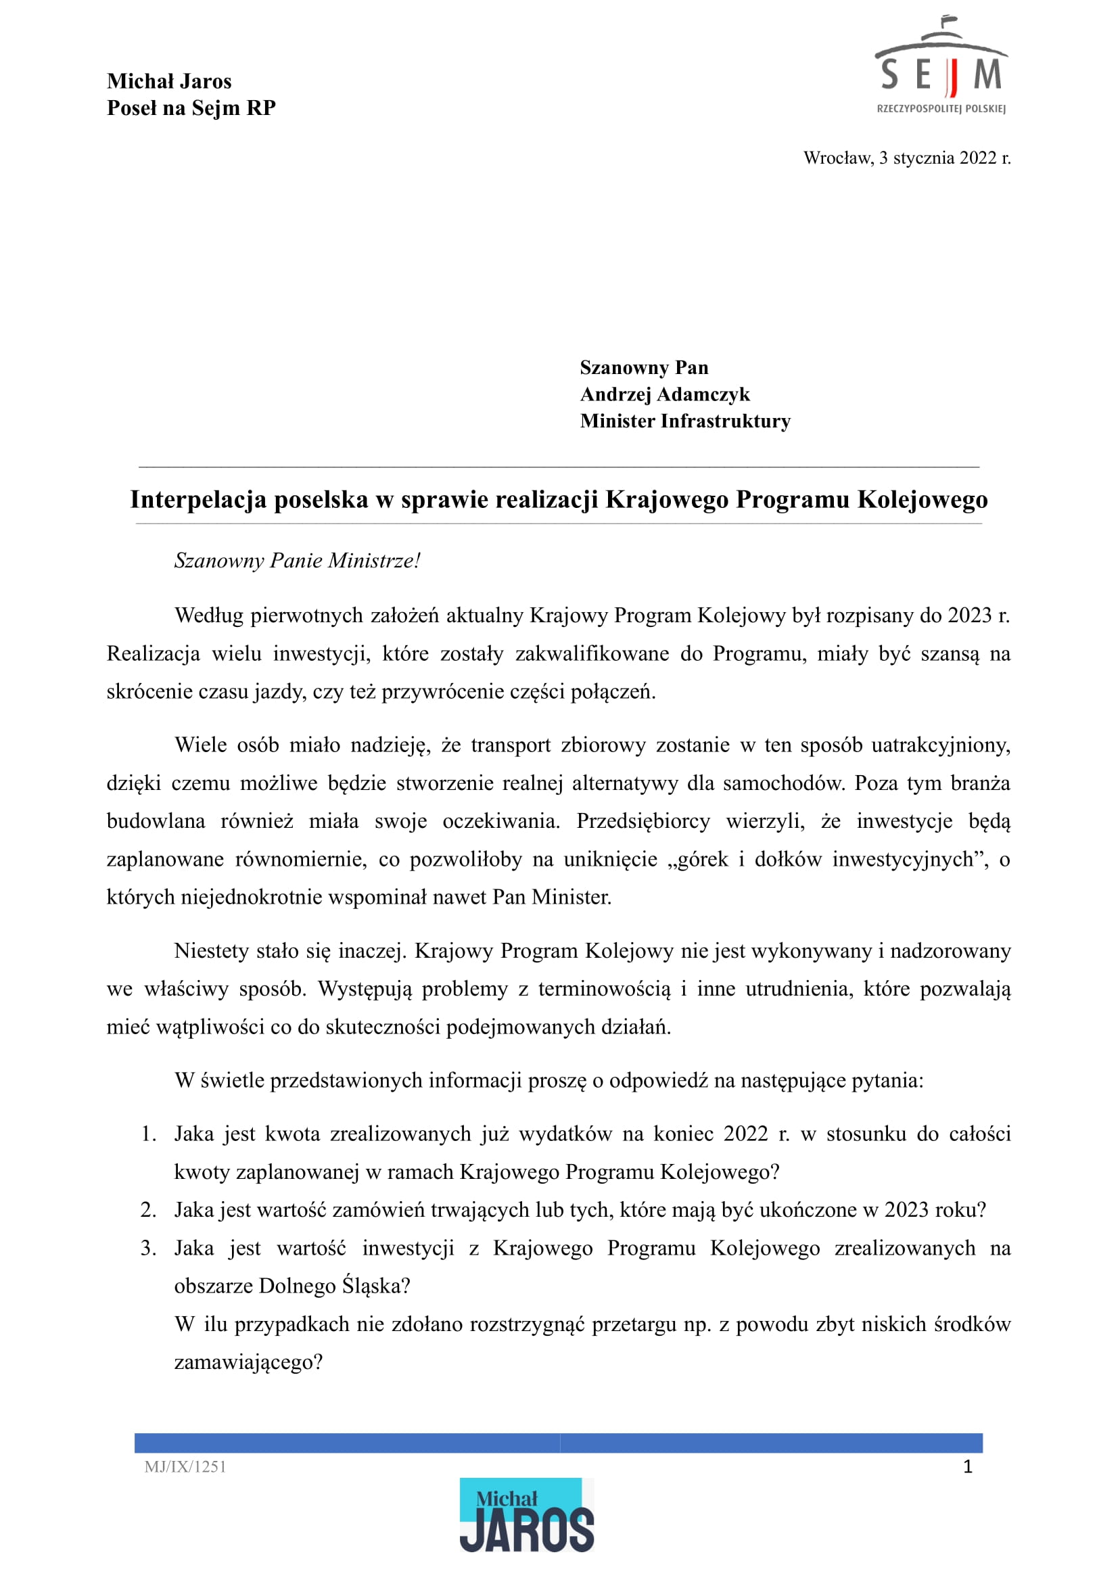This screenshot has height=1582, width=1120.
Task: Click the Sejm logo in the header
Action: (941, 66)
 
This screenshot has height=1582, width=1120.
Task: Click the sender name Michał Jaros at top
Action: (169, 81)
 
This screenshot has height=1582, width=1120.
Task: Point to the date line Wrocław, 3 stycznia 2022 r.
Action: (906, 158)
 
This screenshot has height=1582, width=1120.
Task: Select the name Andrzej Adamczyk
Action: (664, 394)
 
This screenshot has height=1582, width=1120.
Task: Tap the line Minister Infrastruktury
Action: (685, 421)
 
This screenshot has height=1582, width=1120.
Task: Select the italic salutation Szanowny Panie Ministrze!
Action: (296, 561)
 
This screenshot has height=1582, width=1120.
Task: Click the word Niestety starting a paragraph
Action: (211, 951)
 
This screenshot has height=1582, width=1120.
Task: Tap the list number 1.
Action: (149, 1134)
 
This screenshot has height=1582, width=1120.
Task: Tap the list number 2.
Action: (149, 1209)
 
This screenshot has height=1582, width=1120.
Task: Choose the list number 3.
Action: (149, 1249)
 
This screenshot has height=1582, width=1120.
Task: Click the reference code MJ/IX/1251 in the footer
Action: (185, 1467)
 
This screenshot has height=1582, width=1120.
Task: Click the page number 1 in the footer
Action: (968, 1467)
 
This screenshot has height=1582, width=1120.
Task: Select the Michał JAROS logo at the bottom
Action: (526, 1515)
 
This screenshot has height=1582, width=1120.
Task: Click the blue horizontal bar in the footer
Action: (558, 1443)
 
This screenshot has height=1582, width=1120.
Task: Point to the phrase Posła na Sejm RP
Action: (191, 108)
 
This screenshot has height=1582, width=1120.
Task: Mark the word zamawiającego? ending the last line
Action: (248, 1363)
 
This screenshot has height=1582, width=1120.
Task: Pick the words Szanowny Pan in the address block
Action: (643, 367)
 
